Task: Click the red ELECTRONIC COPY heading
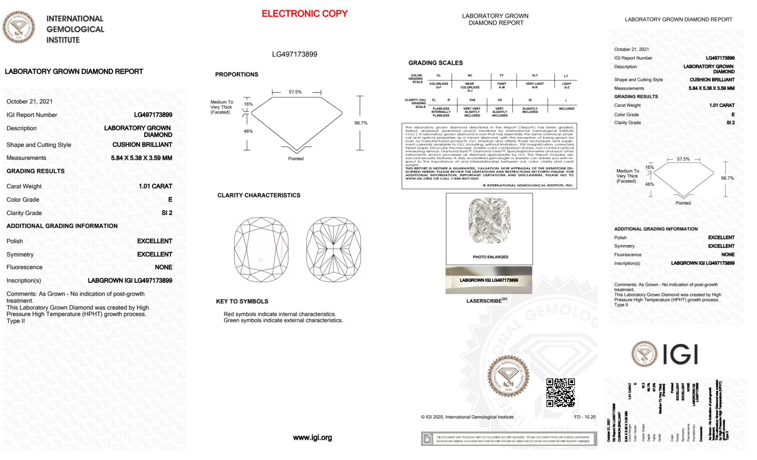[x=305, y=14]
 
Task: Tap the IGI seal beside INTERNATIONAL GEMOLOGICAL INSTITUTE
[x=19, y=27]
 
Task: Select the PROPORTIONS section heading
[x=236, y=75]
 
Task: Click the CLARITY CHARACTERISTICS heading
[x=259, y=195]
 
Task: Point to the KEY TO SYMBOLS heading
[x=242, y=301]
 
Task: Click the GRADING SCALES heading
[x=435, y=63]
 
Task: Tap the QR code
[x=561, y=392]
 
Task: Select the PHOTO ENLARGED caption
[x=490, y=257]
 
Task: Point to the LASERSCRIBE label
[x=484, y=301]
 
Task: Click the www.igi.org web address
[x=312, y=438]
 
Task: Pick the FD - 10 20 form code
[x=584, y=417]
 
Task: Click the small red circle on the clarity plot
[x=261, y=260]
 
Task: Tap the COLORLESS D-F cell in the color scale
[x=439, y=86]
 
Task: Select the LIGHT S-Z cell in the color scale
[x=566, y=86]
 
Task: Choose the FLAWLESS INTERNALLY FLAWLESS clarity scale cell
[x=441, y=112]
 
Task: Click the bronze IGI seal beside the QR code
[x=508, y=376]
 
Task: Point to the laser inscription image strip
[x=489, y=280]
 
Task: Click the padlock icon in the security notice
[x=427, y=439]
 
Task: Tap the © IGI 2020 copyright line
[x=467, y=417]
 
